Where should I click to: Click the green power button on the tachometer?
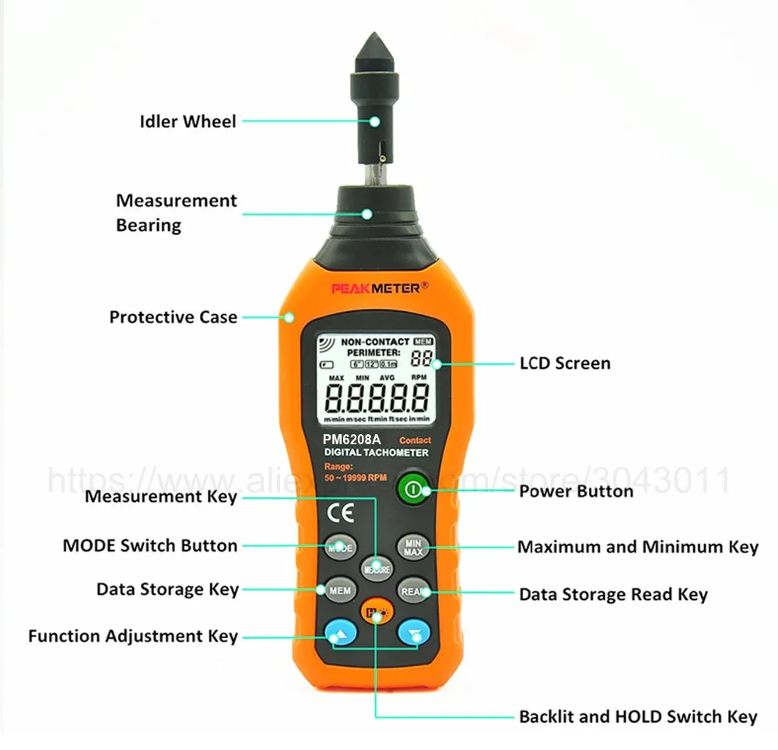point(412,490)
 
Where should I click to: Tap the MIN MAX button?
point(413,547)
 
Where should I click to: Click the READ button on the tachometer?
point(414,591)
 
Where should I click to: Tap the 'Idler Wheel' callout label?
point(187,121)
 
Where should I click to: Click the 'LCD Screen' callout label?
point(565,363)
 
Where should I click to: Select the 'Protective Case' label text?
point(173,317)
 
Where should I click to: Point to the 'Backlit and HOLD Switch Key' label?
point(638,717)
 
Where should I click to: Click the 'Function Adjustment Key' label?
point(133,636)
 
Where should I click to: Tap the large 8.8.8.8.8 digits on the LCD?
point(377,398)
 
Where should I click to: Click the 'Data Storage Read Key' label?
point(613,594)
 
